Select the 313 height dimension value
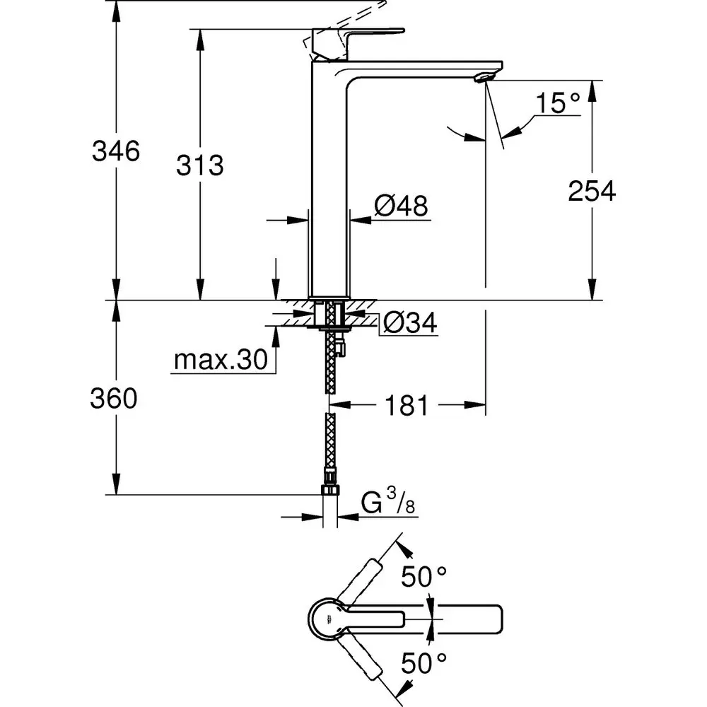pyautogui.click(x=200, y=165)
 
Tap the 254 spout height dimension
pyautogui.click(x=592, y=191)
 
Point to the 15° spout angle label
pyautogui.click(x=558, y=103)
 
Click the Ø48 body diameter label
pyautogui.click(x=401, y=206)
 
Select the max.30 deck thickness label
pyautogui.click(x=220, y=361)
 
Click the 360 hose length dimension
pyautogui.click(x=113, y=399)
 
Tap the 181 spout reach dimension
pyautogui.click(x=407, y=406)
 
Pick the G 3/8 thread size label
pyautogui.click(x=387, y=504)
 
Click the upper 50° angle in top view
pyautogui.click(x=424, y=577)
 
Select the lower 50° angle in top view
pyautogui.click(x=424, y=662)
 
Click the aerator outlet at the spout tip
pyautogui.click(x=483, y=76)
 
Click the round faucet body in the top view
pyautogui.click(x=327, y=619)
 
